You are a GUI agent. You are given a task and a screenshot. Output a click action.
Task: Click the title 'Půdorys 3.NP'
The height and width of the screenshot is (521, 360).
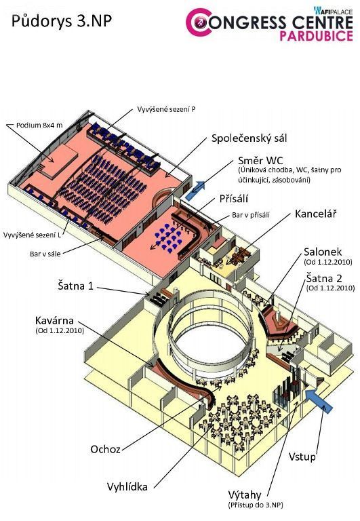point(62,21)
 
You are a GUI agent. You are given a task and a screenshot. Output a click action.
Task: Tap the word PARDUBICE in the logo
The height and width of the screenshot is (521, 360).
point(316,36)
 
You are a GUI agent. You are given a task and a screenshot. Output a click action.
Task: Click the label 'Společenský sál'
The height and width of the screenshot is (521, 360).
point(249,138)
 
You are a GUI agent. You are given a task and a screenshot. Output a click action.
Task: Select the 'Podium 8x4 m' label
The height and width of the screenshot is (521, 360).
point(39,126)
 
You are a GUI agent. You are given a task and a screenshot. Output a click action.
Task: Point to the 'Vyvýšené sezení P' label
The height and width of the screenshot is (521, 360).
point(166,109)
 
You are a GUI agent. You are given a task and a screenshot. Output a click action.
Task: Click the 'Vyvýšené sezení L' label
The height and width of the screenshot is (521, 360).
point(33,235)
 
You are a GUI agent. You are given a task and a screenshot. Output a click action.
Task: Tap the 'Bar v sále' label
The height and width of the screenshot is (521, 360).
point(45,254)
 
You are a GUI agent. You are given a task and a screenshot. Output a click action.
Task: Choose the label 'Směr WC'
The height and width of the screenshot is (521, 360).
point(260,161)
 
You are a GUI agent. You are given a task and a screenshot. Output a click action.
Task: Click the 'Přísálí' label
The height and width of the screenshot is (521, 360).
point(234,199)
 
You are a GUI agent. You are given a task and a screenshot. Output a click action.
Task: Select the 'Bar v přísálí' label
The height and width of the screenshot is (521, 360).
point(251,215)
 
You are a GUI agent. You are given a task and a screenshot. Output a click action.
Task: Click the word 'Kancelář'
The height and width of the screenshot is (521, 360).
point(315,214)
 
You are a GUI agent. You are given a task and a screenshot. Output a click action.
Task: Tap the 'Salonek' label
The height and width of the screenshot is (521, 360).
point(323,252)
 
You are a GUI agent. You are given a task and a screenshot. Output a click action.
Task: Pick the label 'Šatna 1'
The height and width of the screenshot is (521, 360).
point(76,286)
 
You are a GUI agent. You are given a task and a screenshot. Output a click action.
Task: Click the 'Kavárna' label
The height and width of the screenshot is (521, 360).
point(54,321)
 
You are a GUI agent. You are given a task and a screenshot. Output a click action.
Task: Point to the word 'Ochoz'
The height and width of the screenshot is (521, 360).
point(105,449)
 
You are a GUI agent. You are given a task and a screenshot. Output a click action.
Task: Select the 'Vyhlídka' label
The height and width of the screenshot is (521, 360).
point(127,487)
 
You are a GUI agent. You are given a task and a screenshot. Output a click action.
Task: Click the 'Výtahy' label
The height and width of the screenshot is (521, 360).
point(245,495)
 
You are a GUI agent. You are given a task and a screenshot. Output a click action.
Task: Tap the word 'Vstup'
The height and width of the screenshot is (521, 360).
point(302,457)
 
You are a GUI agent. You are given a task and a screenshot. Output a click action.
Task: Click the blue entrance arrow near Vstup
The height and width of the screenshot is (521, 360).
point(319,401)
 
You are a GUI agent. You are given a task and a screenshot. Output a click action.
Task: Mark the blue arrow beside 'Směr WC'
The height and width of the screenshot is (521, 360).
point(195,191)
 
